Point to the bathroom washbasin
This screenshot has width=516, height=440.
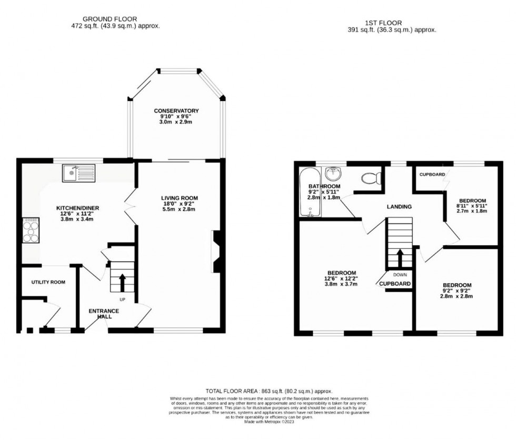pos(332,173)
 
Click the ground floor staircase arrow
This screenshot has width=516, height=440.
pos(123,282)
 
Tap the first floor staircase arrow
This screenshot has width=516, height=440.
pos(400,257)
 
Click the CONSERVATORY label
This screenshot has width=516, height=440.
pos(176,111)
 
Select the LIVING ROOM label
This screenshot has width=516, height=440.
pos(180,198)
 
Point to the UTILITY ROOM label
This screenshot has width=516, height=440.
pos(47,282)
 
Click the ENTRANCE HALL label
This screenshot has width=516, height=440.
pos(104,314)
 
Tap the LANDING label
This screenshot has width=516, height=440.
pos(399,207)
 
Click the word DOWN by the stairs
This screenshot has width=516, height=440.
pos(399,275)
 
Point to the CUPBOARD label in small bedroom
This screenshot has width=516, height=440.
pos(432,174)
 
